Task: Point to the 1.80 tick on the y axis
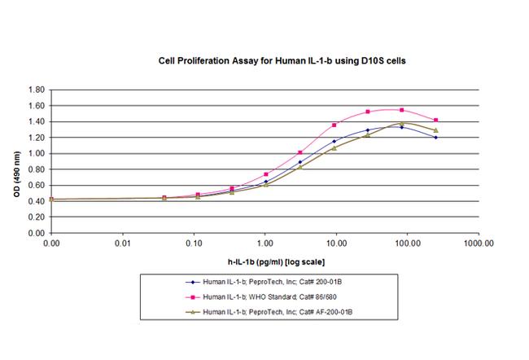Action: [x=36, y=89]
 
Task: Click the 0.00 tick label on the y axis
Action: [x=36, y=233]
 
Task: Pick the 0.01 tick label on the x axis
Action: [x=122, y=243]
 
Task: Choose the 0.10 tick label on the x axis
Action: [x=194, y=243]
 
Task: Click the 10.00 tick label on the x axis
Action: [x=336, y=243]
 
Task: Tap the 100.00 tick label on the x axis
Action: [x=407, y=243]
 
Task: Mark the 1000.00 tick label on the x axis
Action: [x=478, y=243]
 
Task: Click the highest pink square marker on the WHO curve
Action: [x=402, y=109]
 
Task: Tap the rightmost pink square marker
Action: [x=436, y=120]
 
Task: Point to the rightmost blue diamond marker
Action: [x=436, y=137]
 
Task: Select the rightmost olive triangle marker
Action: [x=436, y=130]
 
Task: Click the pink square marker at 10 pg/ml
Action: [x=334, y=125]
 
